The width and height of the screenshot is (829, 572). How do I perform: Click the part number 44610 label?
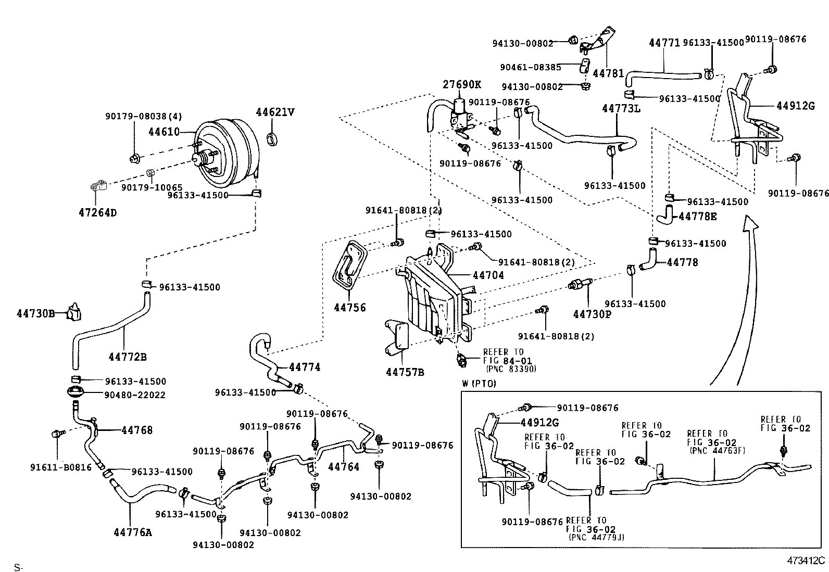[x=163, y=132]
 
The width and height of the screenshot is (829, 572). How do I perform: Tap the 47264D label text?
[x=97, y=212]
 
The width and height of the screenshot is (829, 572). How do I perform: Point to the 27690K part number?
[x=462, y=85]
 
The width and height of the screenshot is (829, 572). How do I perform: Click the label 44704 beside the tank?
[x=488, y=275]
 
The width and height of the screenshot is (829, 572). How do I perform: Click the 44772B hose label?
[x=128, y=357]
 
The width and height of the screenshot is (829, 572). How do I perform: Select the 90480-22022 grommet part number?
[x=135, y=395]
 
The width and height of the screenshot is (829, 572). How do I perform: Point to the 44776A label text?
[x=132, y=532]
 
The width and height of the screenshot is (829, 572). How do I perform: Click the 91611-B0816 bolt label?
[x=60, y=467]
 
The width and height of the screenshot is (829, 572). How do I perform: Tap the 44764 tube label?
[x=344, y=467]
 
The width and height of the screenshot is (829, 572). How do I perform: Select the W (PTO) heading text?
[x=479, y=384]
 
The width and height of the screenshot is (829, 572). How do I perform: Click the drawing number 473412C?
[x=806, y=561]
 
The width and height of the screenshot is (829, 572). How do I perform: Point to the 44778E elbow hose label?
[x=697, y=216]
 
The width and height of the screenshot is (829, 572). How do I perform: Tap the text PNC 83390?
[x=510, y=369]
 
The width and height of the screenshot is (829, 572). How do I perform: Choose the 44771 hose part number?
[x=664, y=43]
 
